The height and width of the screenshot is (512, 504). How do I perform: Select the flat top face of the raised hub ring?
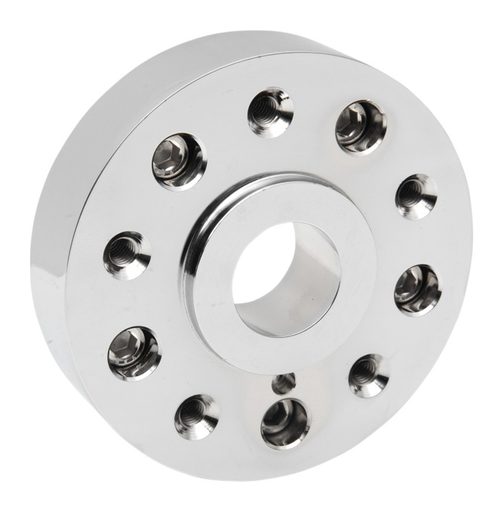coord(219,317)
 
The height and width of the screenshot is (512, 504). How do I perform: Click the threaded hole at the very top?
coord(270,112)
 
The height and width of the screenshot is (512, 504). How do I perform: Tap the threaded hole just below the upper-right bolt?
coord(416,196)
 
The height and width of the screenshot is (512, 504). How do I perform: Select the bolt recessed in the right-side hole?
coord(416,290)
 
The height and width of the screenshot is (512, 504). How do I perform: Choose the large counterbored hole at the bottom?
coord(284,423)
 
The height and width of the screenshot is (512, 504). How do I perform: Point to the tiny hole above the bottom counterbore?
coord(283,382)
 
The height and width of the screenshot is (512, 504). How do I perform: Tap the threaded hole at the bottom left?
coord(196,415)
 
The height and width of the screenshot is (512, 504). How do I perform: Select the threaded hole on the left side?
coord(127,255)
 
